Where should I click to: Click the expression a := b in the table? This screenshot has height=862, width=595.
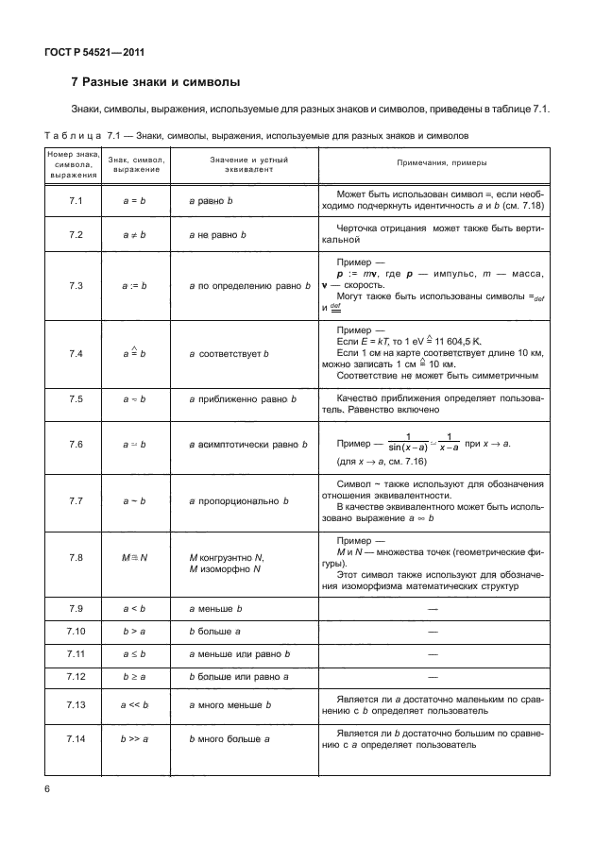pos(136,284)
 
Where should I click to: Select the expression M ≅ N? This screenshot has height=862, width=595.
pos(136,558)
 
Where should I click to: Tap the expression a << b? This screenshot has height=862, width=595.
pos(136,704)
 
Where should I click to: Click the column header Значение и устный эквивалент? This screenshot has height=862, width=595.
pos(248,163)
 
